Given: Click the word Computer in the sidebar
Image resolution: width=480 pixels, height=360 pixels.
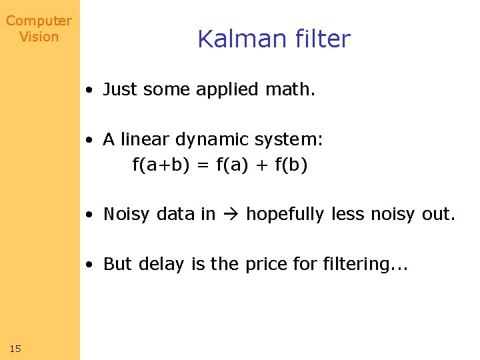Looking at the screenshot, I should pyautogui.click(x=39, y=21).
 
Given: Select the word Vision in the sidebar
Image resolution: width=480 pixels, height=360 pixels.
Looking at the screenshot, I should pyautogui.click(x=39, y=37).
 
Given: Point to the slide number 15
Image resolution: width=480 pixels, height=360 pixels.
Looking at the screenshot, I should pyautogui.click(x=16, y=348).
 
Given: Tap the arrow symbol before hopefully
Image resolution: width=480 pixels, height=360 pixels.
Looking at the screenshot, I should pyautogui.click(x=231, y=214).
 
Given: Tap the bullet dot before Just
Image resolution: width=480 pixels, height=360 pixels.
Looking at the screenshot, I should pyautogui.click(x=89, y=90).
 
